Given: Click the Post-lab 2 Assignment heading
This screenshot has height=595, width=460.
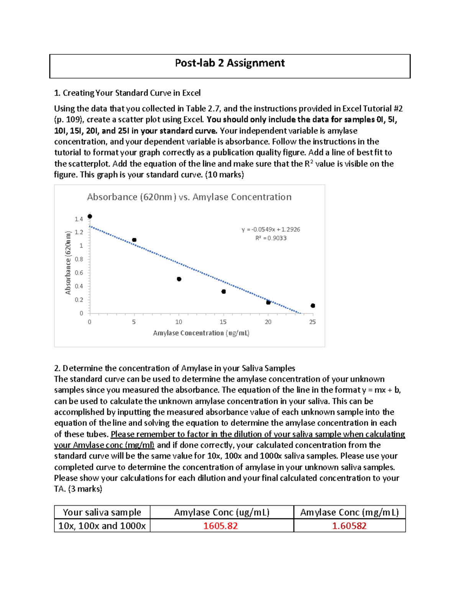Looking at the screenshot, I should [x=230, y=63].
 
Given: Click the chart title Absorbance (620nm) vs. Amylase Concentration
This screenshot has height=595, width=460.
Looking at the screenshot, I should [x=189, y=197].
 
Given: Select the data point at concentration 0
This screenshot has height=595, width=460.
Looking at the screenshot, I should [x=90, y=216].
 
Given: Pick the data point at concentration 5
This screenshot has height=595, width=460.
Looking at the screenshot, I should [x=134, y=240].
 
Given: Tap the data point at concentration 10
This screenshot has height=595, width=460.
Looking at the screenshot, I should [x=179, y=279].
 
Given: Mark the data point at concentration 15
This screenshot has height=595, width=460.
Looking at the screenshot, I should [x=223, y=292].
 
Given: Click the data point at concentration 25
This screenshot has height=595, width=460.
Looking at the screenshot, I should [x=313, y=306].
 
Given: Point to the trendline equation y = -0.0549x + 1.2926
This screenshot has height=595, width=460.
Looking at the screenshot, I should [x=271, y=229].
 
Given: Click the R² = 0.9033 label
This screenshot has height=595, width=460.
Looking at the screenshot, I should [x=271, y=238].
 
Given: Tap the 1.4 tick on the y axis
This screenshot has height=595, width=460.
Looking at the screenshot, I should [x=79, y=219].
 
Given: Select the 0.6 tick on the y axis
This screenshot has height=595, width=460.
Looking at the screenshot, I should [x=79, y=273].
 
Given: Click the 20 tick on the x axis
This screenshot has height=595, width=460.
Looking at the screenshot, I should [x=268, y=322].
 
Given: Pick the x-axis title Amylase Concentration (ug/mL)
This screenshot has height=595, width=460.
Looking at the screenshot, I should [x=201, y=333].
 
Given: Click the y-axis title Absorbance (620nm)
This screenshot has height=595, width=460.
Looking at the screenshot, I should [x=68, y=263].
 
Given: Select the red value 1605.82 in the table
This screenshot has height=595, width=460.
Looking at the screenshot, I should [x=220, y=526].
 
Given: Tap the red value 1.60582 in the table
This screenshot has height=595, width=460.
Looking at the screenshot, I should [x=349, y=526].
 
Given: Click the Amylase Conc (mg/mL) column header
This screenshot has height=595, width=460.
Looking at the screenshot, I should [x=349, y=512].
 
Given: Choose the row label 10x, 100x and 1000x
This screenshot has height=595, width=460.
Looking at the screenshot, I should [x=102, y=526].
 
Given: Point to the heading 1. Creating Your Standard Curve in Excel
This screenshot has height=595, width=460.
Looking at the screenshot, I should [x=127, y=93].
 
